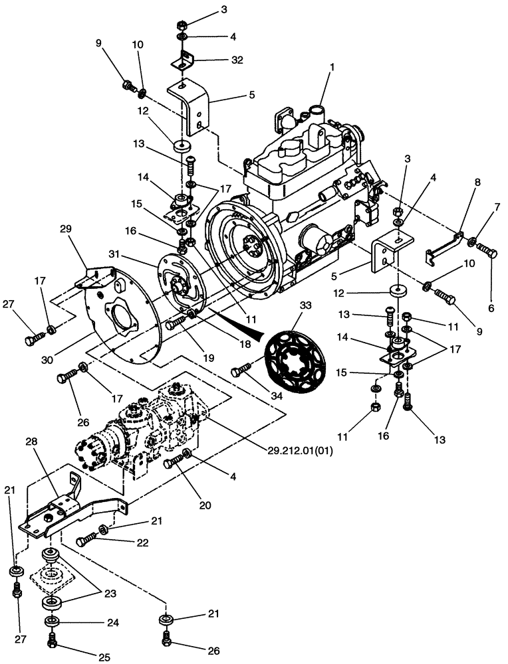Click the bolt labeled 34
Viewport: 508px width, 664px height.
(241, 373)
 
